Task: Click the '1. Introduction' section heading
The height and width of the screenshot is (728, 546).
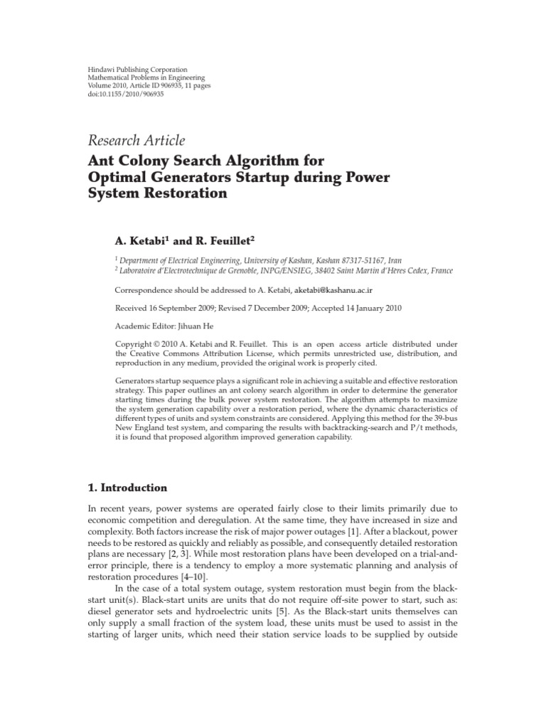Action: [x=128, y=488]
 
